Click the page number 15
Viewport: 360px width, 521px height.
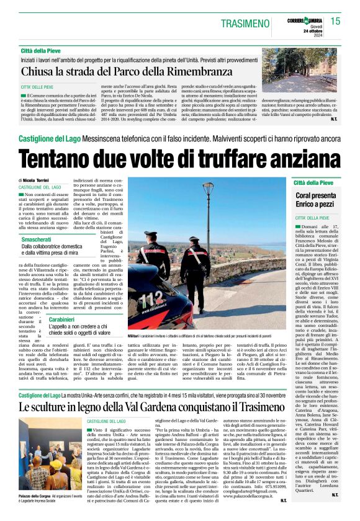335,21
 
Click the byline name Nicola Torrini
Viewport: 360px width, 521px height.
37,180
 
